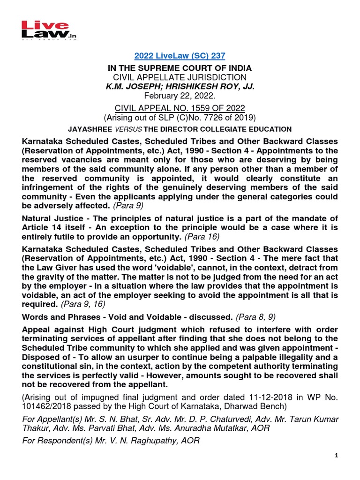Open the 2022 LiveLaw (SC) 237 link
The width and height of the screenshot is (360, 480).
(x=180, y=56)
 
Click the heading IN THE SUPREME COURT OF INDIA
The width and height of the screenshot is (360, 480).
(x=180, y=67)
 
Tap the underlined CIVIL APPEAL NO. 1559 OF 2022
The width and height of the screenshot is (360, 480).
(x=180, y=108)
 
